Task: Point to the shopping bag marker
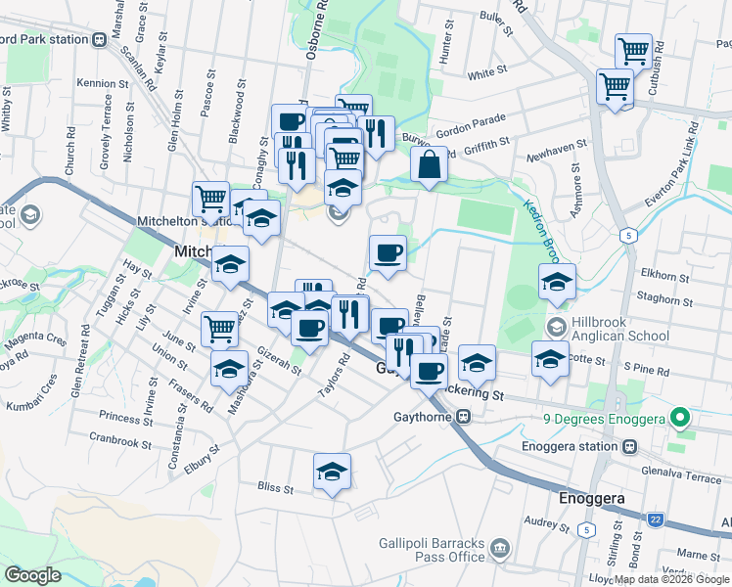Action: (x=430, y=165)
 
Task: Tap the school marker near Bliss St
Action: (x=332, y=473)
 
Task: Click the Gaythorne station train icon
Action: (x=466, y=416)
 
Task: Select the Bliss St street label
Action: (x=275, y=486)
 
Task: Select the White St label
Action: (x=486, y=72)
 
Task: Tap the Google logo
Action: (x=33, y=575)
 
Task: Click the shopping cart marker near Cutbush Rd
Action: (x=633, y=50)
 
